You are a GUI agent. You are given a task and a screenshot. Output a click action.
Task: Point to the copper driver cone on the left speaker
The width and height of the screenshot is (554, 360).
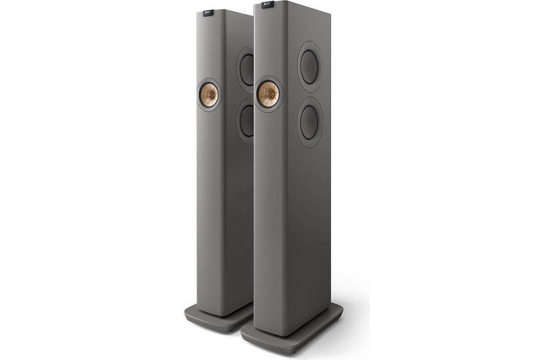(x=209, y=94)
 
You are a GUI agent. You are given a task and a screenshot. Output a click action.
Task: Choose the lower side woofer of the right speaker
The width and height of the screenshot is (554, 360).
(x=310, y=122)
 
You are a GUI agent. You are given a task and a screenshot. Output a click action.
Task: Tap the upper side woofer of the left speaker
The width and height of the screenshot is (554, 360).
(x=247, y=70)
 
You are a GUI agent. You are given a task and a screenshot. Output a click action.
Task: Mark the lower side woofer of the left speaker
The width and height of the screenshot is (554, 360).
(x=247, y=121)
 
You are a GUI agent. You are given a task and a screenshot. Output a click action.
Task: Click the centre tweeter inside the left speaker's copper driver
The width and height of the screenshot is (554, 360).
(x=209, y=94)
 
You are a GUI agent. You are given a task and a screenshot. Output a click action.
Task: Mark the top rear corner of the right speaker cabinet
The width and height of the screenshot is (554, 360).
(x=330, y=18)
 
